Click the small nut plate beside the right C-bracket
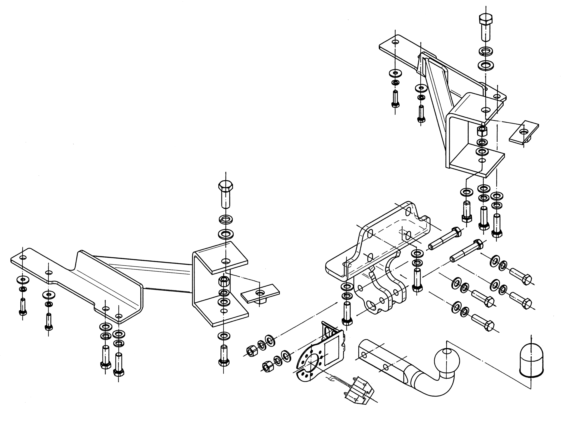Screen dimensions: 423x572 click(524, 133)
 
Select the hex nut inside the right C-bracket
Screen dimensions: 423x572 click(482, 131)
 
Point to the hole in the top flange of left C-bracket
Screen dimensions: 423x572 click(226, 261)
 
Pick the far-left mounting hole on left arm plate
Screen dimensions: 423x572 click(23, 258)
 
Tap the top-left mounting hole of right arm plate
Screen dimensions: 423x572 click(396, 42)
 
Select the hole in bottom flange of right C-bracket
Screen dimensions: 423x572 click(482, 161)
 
